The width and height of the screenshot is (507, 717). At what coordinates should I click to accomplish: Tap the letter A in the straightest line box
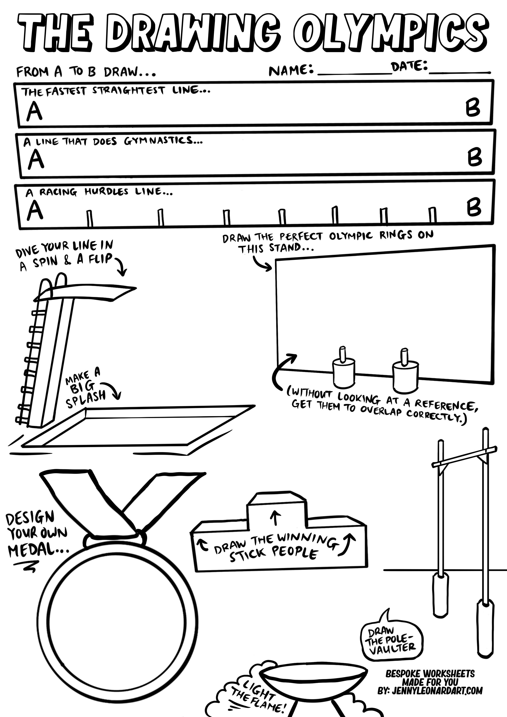[x=34, y=112]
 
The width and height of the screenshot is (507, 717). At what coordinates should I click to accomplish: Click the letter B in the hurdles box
[x=474, y=208]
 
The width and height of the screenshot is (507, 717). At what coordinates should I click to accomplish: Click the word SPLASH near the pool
[x=86, y=400]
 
